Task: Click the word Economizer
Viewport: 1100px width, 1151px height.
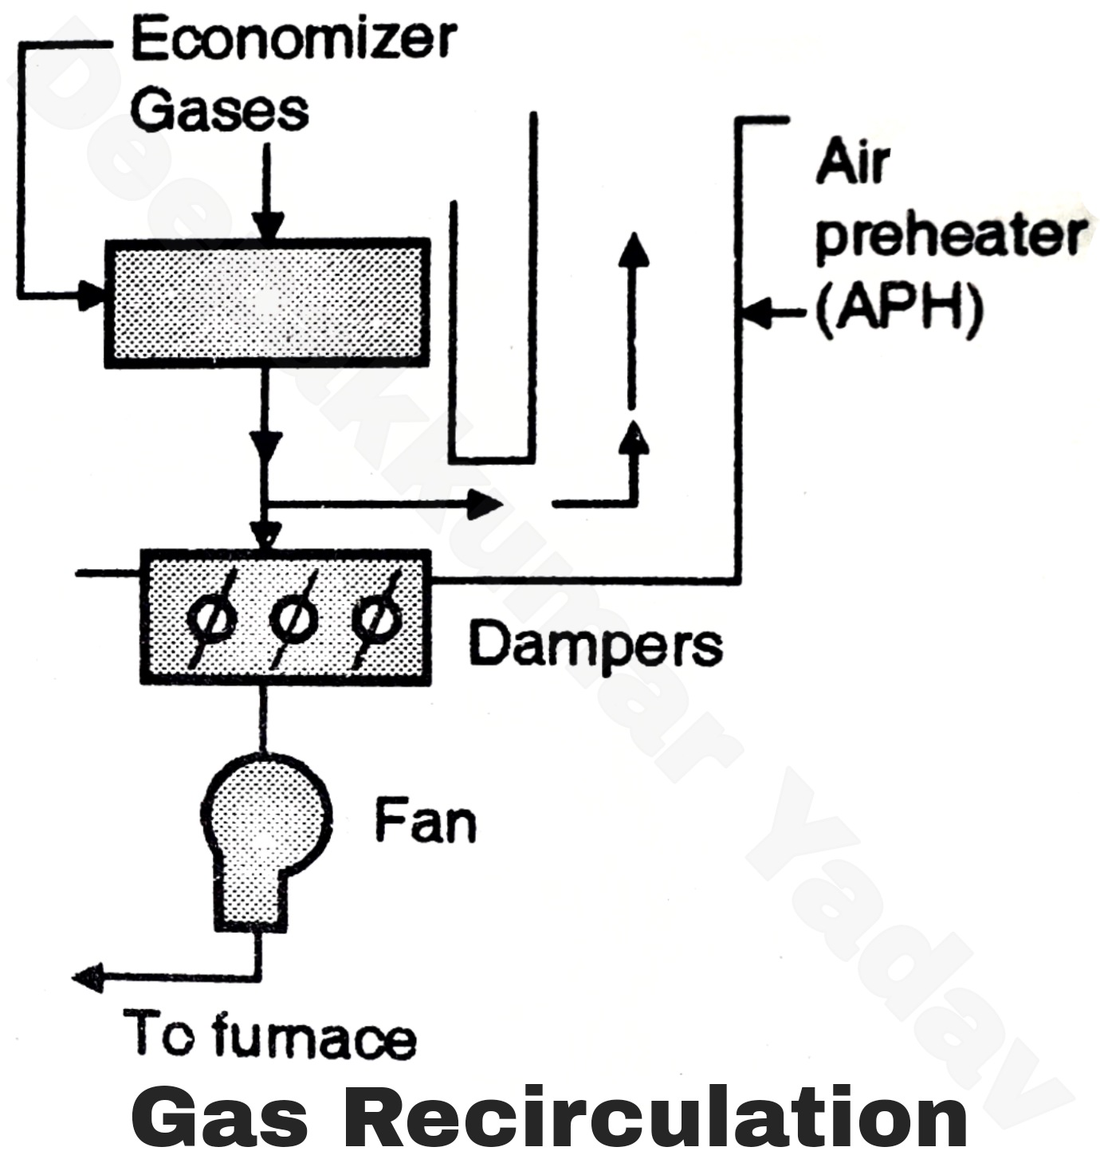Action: tap(293, 39)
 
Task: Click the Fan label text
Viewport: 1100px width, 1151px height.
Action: tap(426, 821)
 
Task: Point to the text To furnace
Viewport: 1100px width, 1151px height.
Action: tap(269, 1035)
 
